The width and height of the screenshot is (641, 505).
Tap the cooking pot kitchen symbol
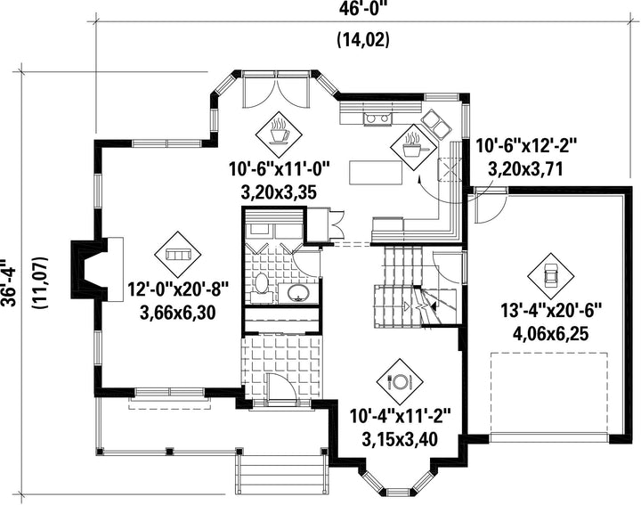coord(413,147)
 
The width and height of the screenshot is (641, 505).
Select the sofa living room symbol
coord(178,255)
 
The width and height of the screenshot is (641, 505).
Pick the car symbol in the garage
coord(551,275)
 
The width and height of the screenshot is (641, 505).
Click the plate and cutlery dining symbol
coord(400,382)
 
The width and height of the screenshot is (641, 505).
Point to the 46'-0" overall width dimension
coord(362,9)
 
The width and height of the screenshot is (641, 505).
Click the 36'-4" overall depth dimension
coord(8,282)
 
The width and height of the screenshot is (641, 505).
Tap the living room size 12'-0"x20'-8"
coord(178,290)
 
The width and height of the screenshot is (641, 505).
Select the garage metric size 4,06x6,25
coord(551,334)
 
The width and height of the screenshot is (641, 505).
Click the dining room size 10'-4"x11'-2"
coord(400,418)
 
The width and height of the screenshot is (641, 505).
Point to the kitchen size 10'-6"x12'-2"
coord(526,146)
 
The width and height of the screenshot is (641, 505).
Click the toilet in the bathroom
coord(260,283)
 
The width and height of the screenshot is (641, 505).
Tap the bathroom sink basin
coord(298,291)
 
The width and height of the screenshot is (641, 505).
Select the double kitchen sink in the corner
coord(435,124)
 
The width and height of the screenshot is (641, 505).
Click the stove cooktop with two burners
coord(377,118)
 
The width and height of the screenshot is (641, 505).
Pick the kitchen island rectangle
coord(376,173)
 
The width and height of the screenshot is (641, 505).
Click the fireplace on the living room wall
coord(97,270)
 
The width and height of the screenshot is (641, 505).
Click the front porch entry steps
coord(281,475)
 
